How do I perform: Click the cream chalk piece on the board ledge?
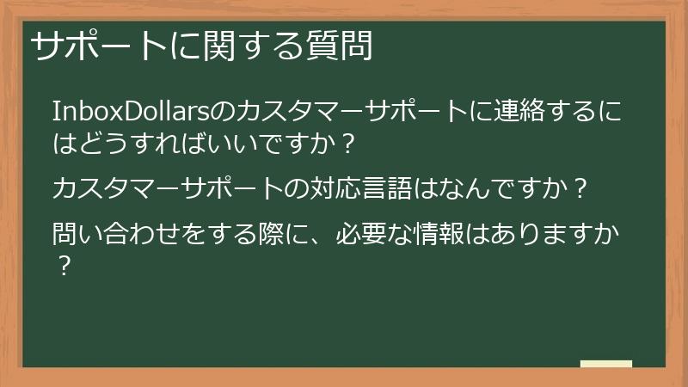click(x=606, y=365)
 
